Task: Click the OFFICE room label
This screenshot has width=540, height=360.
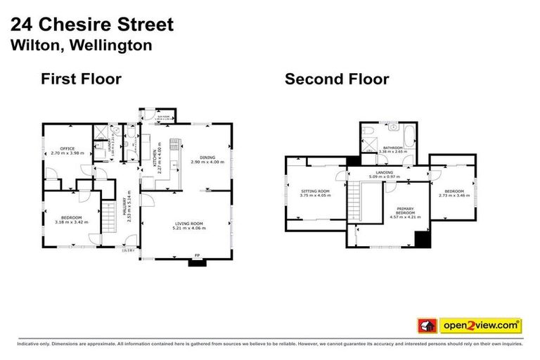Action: point(67,148)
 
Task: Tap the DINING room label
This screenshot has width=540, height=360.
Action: point(207,157)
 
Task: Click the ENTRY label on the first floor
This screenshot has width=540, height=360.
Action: point(128,250)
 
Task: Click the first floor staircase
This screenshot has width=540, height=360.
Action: point(108,217)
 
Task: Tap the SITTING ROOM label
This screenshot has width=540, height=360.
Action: point(315,191)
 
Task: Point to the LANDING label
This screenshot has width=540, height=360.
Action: point(385,172)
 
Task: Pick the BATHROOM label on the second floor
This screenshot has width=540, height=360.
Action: point(392,148)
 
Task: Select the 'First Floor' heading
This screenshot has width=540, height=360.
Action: point(81,79)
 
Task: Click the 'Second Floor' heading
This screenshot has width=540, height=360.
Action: point(336,79)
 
